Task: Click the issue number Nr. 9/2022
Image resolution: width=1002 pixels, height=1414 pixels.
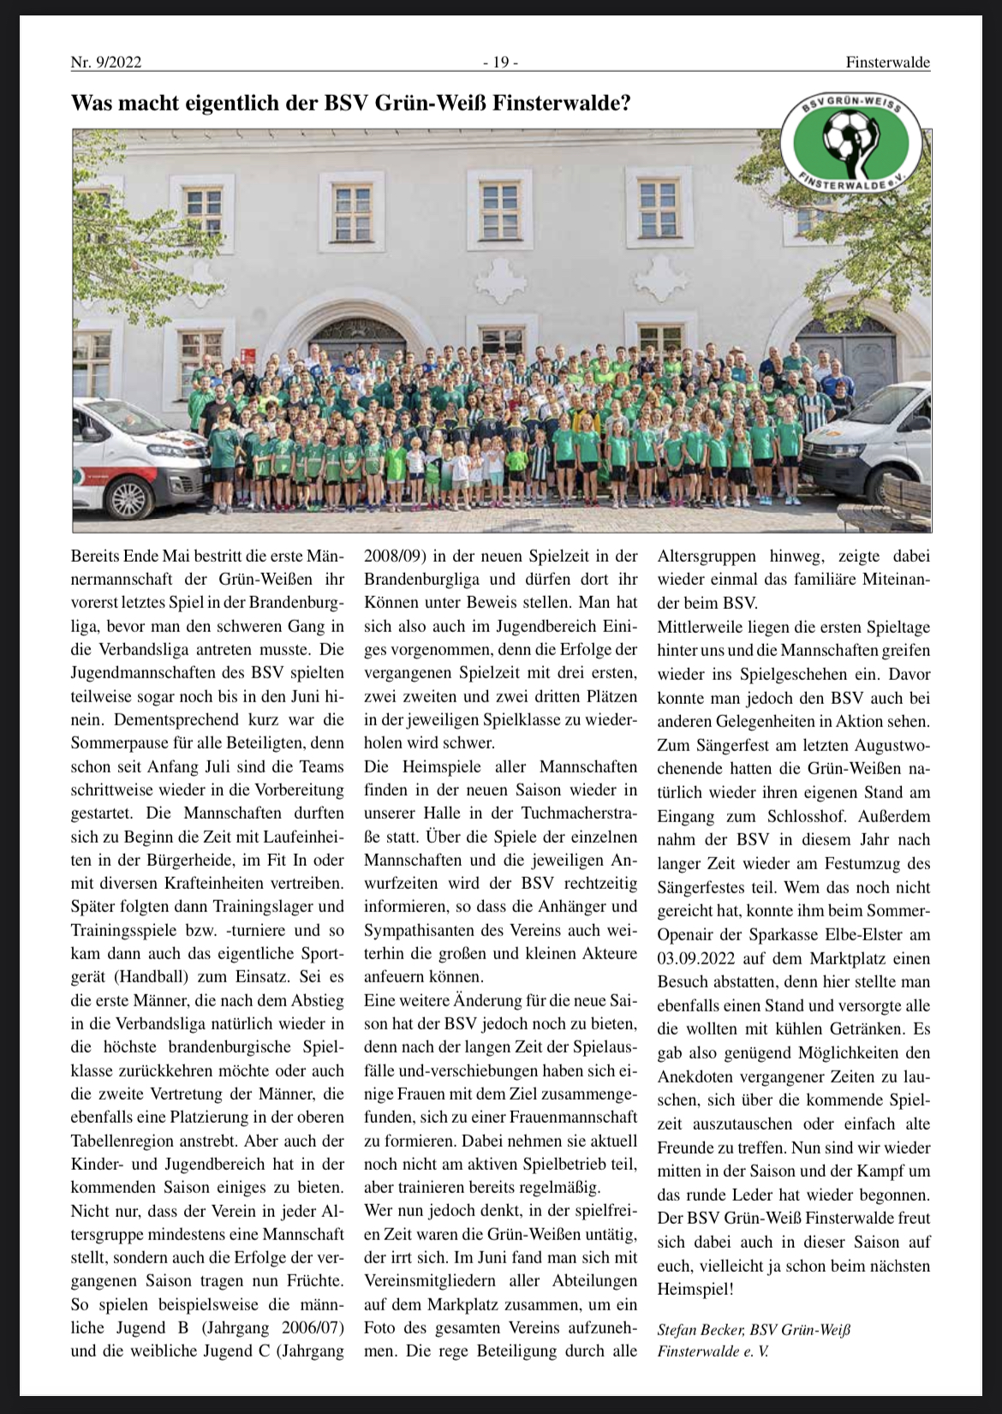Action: [x=106, y=63]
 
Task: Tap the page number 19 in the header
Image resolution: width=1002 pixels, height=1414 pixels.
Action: [x=500, y=63]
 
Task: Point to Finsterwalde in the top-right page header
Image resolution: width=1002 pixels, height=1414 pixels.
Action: [x=887, y=63]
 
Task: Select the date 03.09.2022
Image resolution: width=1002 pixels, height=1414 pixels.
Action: [x=695, y=958]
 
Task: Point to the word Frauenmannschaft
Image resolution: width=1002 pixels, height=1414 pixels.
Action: [x=567, y=1117]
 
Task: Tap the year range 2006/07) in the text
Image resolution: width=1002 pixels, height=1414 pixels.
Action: [x=306, y=1327]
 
